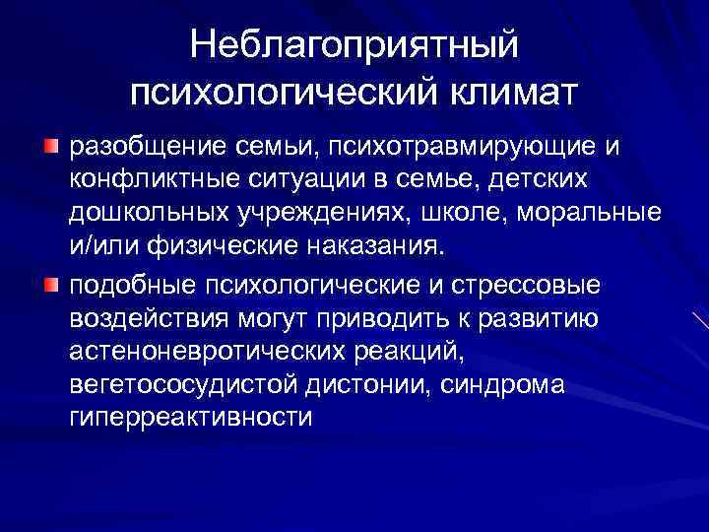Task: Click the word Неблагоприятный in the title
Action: coord(354,44)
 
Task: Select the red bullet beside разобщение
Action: coord(51,147)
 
